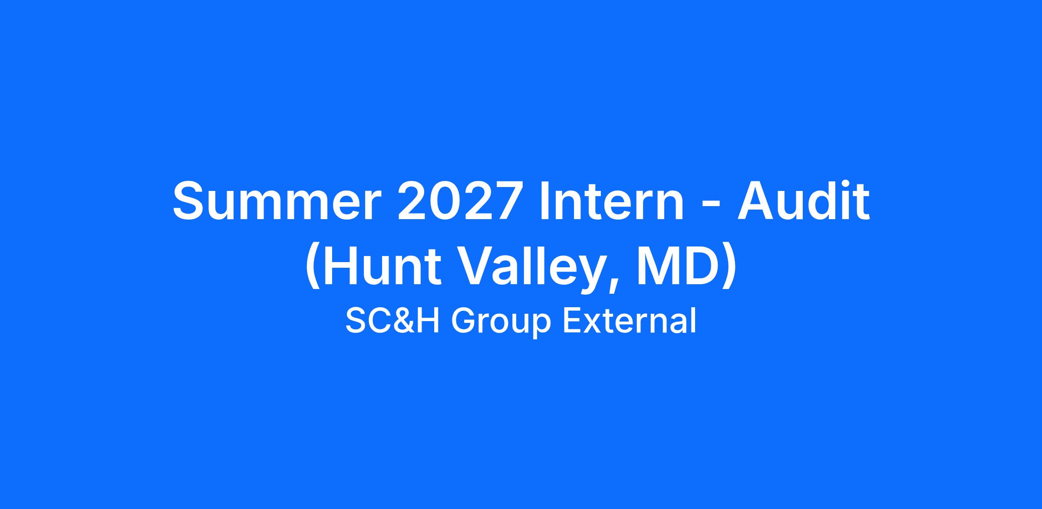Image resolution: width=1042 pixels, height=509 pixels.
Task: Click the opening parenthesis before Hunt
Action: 312,269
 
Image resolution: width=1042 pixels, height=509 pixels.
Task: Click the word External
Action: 630,322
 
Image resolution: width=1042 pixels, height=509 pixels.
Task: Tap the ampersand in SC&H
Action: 402,322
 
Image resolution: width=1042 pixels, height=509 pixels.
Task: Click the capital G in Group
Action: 464,322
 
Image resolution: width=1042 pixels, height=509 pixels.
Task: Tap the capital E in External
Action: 572,322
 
